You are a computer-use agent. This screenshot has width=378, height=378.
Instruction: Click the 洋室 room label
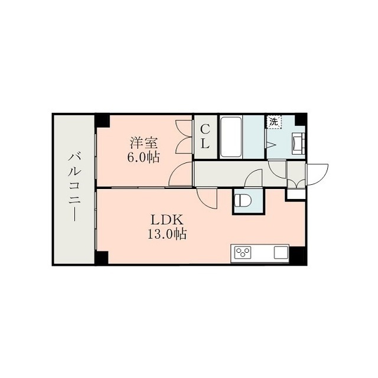click(x=144, y=143)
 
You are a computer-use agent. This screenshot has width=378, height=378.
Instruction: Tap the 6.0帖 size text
click(x=143, y=158)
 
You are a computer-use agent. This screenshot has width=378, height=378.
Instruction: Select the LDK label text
click(x=167, y=220)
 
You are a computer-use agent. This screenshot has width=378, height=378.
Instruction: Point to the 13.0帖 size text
click(x=167, y=234)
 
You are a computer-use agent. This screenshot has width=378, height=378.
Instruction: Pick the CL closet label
click(x=205, y=136)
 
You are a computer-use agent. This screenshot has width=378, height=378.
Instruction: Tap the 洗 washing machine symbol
click(x=273, y=122)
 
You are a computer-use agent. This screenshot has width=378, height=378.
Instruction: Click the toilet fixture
click(x=243, y=200)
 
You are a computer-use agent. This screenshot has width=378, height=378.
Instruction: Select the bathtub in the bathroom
click(x=231, y=136)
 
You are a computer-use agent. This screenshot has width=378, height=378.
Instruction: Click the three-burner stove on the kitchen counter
click(x=243, y=253)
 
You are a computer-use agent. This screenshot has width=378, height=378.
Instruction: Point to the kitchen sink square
click(x=281, y=252)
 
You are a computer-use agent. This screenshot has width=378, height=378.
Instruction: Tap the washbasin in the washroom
click(x=298, y=143)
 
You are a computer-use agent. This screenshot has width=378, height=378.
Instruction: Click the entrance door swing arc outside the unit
click(x=318, y=175)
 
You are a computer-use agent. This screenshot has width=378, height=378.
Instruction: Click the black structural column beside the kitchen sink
click(x=297, y=255)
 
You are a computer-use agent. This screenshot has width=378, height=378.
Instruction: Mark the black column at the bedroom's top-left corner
click(x=102, y=121)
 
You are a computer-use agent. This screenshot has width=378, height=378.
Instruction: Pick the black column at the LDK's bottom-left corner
click(x=102, y=258)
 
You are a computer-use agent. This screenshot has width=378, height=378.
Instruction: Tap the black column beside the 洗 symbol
click(x=300, y=120)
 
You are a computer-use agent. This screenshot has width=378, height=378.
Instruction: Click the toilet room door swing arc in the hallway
click(x=253, y=178)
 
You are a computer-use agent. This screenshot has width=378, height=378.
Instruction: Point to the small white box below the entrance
click(x=295, y=194)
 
